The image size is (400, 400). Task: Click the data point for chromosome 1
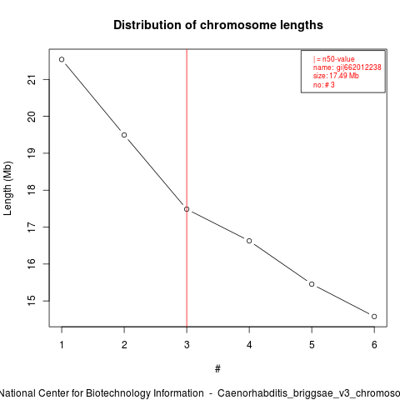tap(62, 59)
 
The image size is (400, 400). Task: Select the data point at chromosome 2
tap(124, 135)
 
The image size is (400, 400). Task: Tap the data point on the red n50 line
tap(187, 209)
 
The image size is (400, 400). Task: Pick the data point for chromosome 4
tap(249, 241)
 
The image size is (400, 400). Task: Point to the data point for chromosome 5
tap(312, 284)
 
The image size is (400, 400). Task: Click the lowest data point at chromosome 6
tap(374, 317)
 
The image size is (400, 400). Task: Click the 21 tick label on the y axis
tap(32, 80)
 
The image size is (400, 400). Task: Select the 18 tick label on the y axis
tap(32, 190)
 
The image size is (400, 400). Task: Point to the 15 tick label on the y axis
tap(32, 301)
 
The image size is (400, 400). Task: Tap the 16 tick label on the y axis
tap(32, 263)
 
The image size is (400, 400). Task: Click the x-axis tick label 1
tap(62, 345)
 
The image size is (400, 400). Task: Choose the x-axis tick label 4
tap(249, 345)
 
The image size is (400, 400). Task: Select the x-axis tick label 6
tap(374, 345)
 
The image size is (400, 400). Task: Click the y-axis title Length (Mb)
tap(7, 188)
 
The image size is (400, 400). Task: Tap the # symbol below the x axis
tap(217, 369)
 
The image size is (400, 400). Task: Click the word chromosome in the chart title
tap(238, 25)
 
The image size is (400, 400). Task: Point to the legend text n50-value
tap(338, 59)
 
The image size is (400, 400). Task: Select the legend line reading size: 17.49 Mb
tap(336, 76)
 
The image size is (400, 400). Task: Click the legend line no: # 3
tap(324, 85)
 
